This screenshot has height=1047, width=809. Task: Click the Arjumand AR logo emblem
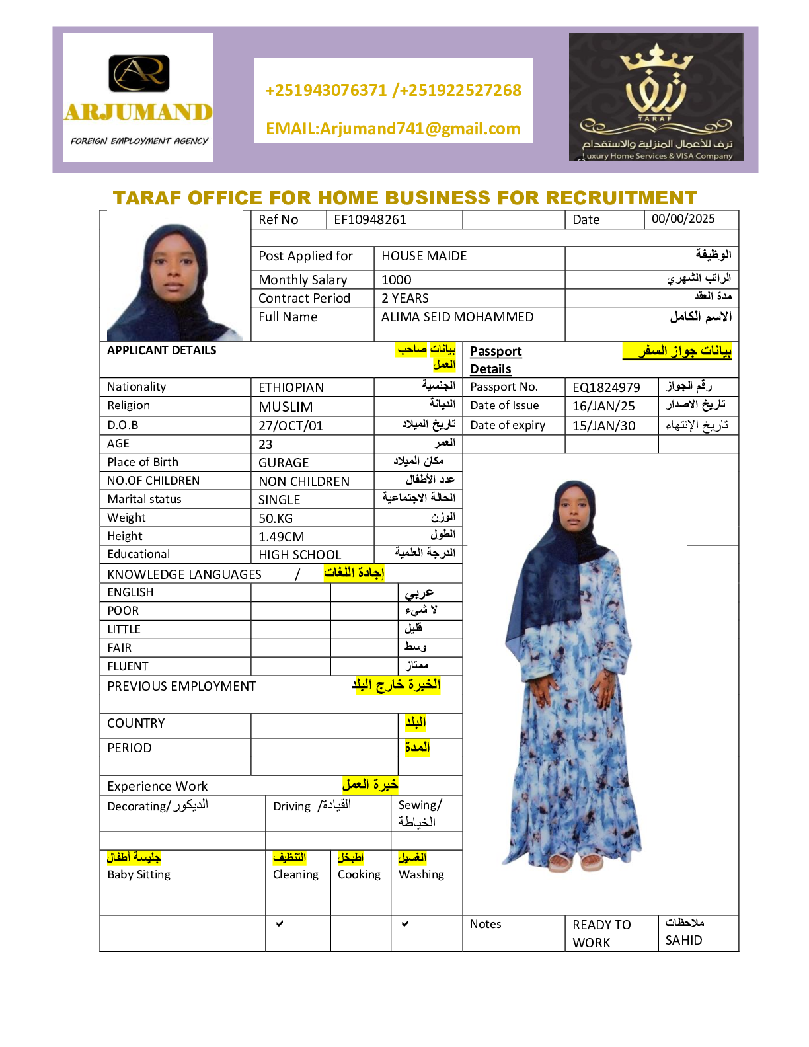139,73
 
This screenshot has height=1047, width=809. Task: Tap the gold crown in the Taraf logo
656,59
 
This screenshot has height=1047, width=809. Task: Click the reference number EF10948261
370,219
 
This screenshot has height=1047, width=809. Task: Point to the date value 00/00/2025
683,219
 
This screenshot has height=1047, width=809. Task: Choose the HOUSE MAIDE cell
424,256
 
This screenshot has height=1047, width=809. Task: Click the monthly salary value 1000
396,280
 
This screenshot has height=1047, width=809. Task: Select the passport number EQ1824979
606,387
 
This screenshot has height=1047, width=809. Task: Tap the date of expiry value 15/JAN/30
603,426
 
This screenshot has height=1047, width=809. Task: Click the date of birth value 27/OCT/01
290,426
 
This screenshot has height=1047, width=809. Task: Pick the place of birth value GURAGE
284,463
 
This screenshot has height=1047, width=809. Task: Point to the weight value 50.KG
276,518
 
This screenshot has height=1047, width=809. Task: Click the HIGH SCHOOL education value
299,555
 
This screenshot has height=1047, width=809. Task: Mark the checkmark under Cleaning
280,923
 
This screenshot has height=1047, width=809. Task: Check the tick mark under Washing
405,923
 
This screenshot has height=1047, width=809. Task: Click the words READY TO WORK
601,933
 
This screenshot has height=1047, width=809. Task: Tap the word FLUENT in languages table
128,666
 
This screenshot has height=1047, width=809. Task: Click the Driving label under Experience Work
291,806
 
